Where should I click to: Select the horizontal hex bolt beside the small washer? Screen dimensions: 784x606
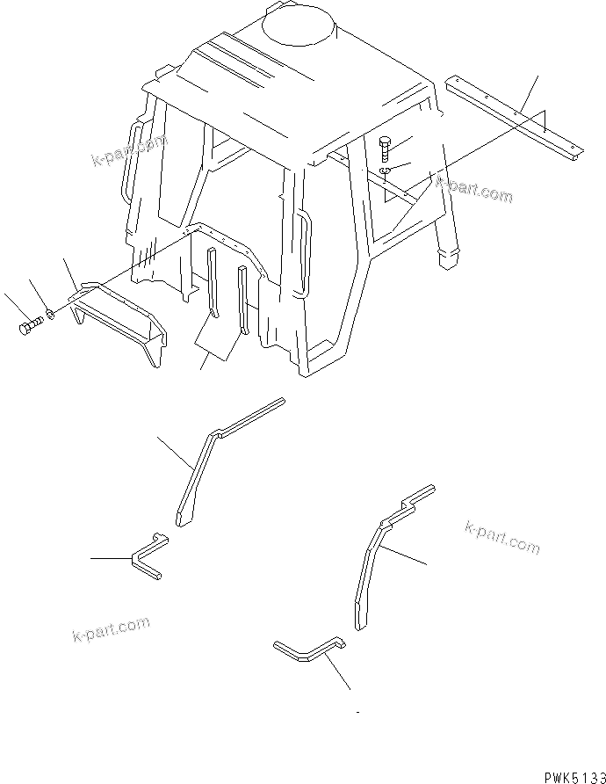tap(30, 328)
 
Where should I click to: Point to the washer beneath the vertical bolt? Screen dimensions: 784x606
tap(386, 171)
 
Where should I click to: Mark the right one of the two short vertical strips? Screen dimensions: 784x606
tap(243, 299)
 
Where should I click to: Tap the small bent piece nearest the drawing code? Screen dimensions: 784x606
tap(307, 650)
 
